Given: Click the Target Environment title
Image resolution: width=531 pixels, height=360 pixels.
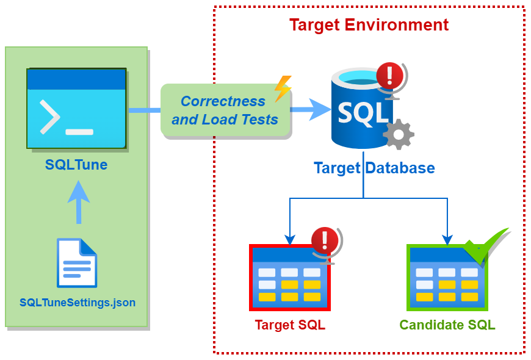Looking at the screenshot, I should (369, 25).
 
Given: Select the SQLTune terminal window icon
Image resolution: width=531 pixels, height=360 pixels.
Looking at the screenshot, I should (76, 108).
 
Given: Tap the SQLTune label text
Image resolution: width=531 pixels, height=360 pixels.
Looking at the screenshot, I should (76, 164).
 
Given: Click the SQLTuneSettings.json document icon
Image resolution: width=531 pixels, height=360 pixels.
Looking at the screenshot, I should (77, 263).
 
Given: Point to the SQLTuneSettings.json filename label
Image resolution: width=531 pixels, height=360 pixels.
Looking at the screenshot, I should (78, 302).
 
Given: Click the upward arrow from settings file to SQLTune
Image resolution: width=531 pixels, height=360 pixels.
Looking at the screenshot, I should (78, 201).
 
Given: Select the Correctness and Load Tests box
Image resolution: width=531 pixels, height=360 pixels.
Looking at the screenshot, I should (225, 110).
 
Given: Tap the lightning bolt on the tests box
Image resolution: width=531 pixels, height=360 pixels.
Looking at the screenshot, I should (283, 88).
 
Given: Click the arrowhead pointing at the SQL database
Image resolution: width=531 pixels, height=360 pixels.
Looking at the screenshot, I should (320, 110).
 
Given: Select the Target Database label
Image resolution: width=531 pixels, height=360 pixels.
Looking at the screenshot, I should (374, 168).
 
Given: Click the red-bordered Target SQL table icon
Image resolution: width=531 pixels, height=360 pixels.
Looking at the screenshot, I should (289, 278).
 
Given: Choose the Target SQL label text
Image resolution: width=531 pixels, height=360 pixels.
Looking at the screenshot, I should (290, 325).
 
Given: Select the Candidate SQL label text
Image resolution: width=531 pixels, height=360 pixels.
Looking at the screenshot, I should (447, 325).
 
